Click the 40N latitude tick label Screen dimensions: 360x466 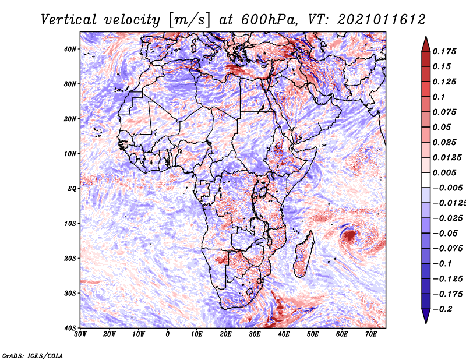tap(70, 49)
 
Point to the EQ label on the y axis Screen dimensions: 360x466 tap(72, 189)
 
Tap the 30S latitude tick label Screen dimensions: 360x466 tap(70, 293)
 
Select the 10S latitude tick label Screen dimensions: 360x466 tap(70, 224)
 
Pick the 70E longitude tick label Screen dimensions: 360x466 tap(370, 334)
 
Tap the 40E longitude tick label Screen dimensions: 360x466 tap(284, 334)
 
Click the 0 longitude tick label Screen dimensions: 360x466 tap(168, 334)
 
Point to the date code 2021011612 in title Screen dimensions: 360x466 tap(375, 20)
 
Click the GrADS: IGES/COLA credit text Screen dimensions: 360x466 tap(33, 354)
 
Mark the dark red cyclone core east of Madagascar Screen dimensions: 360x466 tap(349, 236)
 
